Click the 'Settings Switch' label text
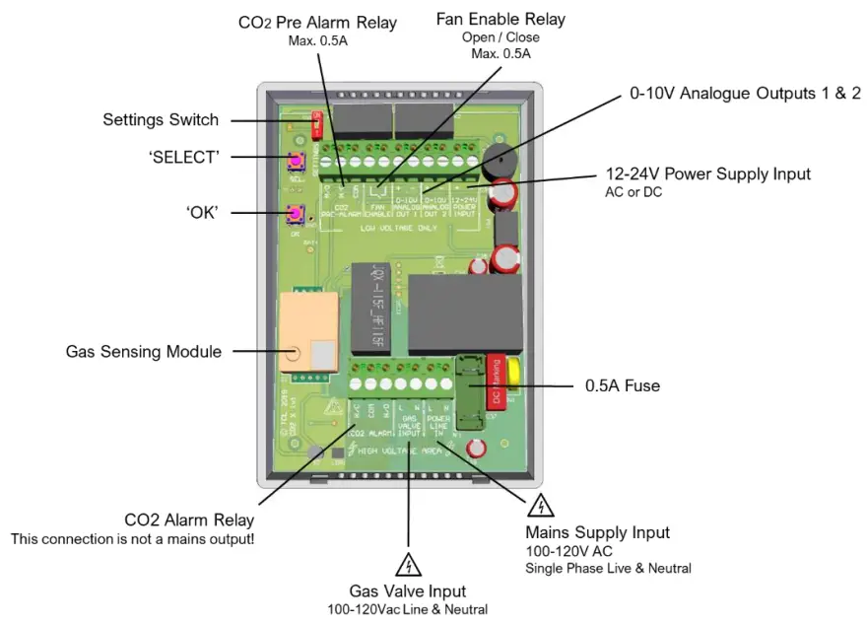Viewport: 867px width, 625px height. (161, 120)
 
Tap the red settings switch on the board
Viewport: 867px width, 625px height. (317, 124)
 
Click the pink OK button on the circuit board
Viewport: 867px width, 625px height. (295, 214)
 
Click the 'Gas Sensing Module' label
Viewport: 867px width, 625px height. (144, 351)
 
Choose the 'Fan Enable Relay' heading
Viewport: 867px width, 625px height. (500, 19)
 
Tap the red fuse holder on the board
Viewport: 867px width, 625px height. (497, 381)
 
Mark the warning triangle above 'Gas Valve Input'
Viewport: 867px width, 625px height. (408, 566)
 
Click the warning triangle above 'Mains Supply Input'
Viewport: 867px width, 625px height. (540, 507)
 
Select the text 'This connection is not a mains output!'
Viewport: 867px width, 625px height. (133, 539)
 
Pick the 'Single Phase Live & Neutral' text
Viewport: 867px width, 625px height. (608, 568)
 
